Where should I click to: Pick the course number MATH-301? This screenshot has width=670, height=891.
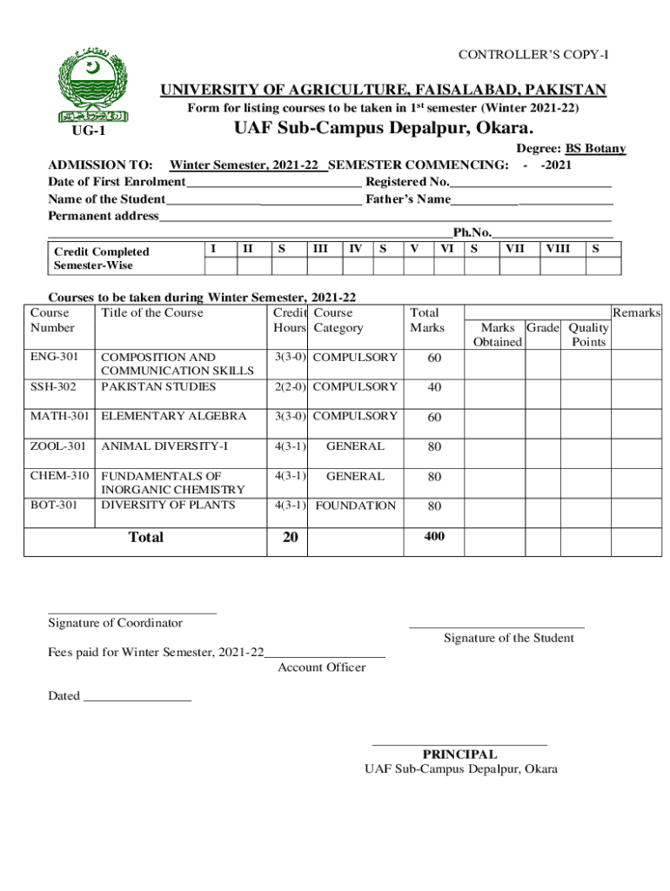[59, 416]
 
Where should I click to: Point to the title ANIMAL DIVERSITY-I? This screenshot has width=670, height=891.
[164, 446]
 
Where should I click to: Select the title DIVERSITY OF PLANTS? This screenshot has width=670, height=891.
[168, 506]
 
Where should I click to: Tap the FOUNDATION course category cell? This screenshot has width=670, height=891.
[355, 506]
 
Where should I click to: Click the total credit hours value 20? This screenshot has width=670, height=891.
[290, 538]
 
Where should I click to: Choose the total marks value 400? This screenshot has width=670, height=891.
[434, 537]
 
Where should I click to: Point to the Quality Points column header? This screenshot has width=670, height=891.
[588, 335]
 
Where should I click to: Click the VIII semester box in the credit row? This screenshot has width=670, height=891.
[557, 249]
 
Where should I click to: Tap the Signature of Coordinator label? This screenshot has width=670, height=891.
[115, 623]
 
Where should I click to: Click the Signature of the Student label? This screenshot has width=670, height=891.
[508, 638]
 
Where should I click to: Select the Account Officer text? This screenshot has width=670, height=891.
[321, 667]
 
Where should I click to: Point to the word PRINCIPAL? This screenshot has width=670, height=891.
[459, 754]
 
